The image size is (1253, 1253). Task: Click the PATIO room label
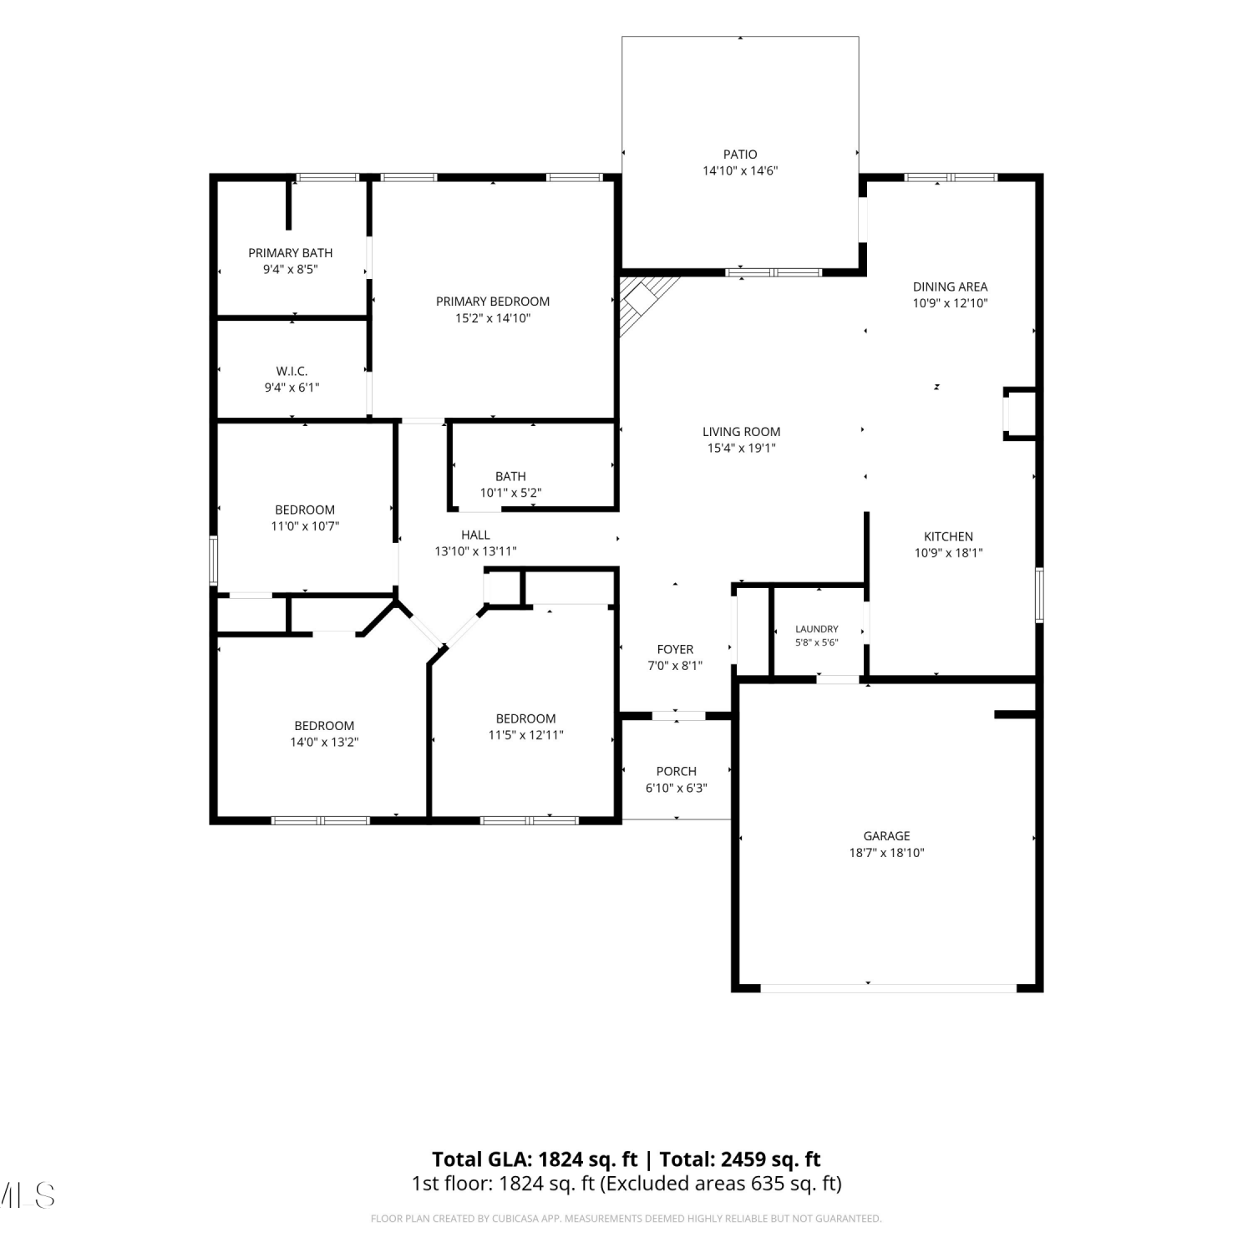740,154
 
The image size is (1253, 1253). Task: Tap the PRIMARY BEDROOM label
493,302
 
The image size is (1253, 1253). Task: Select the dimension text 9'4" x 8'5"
291,269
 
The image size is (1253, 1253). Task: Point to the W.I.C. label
292,371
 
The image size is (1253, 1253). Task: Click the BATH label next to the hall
510,476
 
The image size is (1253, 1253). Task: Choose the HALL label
475,535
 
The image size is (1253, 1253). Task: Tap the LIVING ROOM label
742,432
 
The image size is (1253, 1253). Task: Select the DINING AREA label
950,287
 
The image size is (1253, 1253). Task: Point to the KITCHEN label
948,536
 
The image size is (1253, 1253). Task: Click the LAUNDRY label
817,629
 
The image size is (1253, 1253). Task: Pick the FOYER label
675,649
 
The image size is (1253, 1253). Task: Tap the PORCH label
676,771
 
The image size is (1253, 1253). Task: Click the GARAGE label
886,835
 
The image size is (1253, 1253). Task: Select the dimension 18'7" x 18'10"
886,853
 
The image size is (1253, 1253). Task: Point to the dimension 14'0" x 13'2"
324,742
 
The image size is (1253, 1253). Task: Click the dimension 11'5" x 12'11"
525,735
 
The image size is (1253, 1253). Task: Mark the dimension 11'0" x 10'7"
305,526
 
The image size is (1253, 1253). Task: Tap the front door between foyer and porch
677,715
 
